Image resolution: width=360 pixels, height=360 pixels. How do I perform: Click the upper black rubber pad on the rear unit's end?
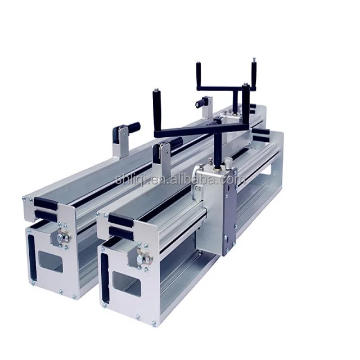click(45, 202)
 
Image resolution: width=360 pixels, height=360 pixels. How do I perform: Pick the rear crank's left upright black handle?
click(198, 74)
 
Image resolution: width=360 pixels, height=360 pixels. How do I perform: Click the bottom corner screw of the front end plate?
click(154, 323)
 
